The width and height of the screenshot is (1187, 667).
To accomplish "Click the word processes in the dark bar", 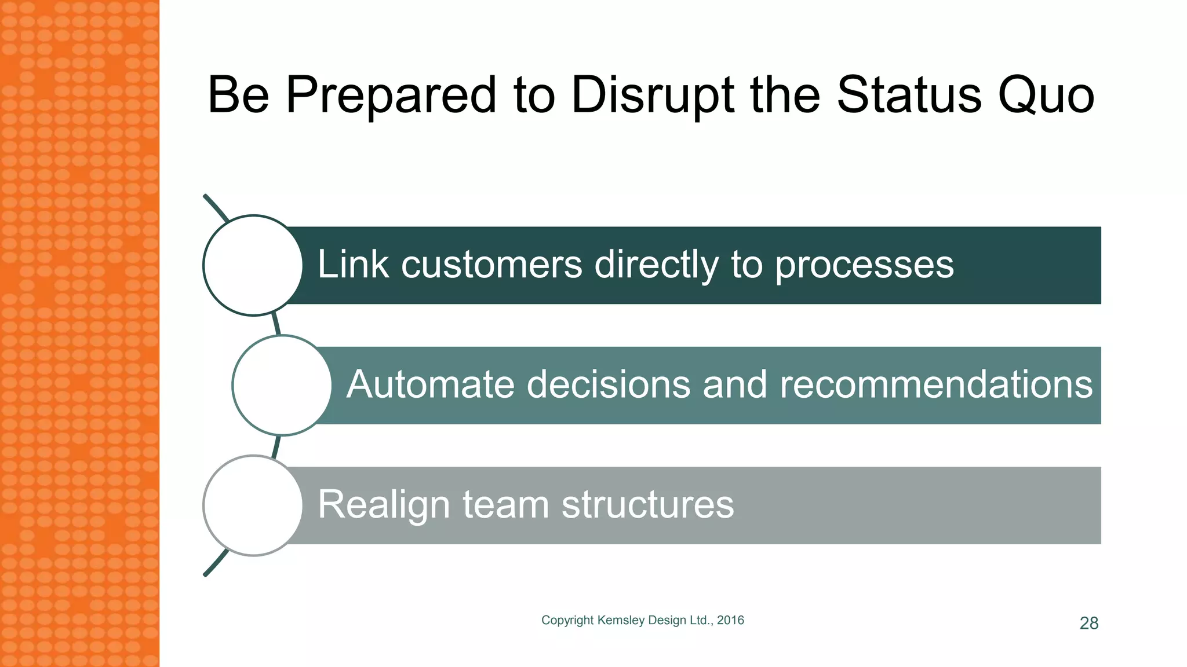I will pos(864,266).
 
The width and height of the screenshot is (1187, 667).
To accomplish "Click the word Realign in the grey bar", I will pos(384,505).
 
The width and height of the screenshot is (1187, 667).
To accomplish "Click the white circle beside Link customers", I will pos(253,265).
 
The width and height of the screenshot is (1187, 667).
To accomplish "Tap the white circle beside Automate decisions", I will pos(282,385).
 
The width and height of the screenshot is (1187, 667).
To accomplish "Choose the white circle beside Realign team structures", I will pos(253,505).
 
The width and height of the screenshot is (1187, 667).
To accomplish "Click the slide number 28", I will pos(1089,623).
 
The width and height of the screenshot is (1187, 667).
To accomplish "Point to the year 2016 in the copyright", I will pos(730,620).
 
